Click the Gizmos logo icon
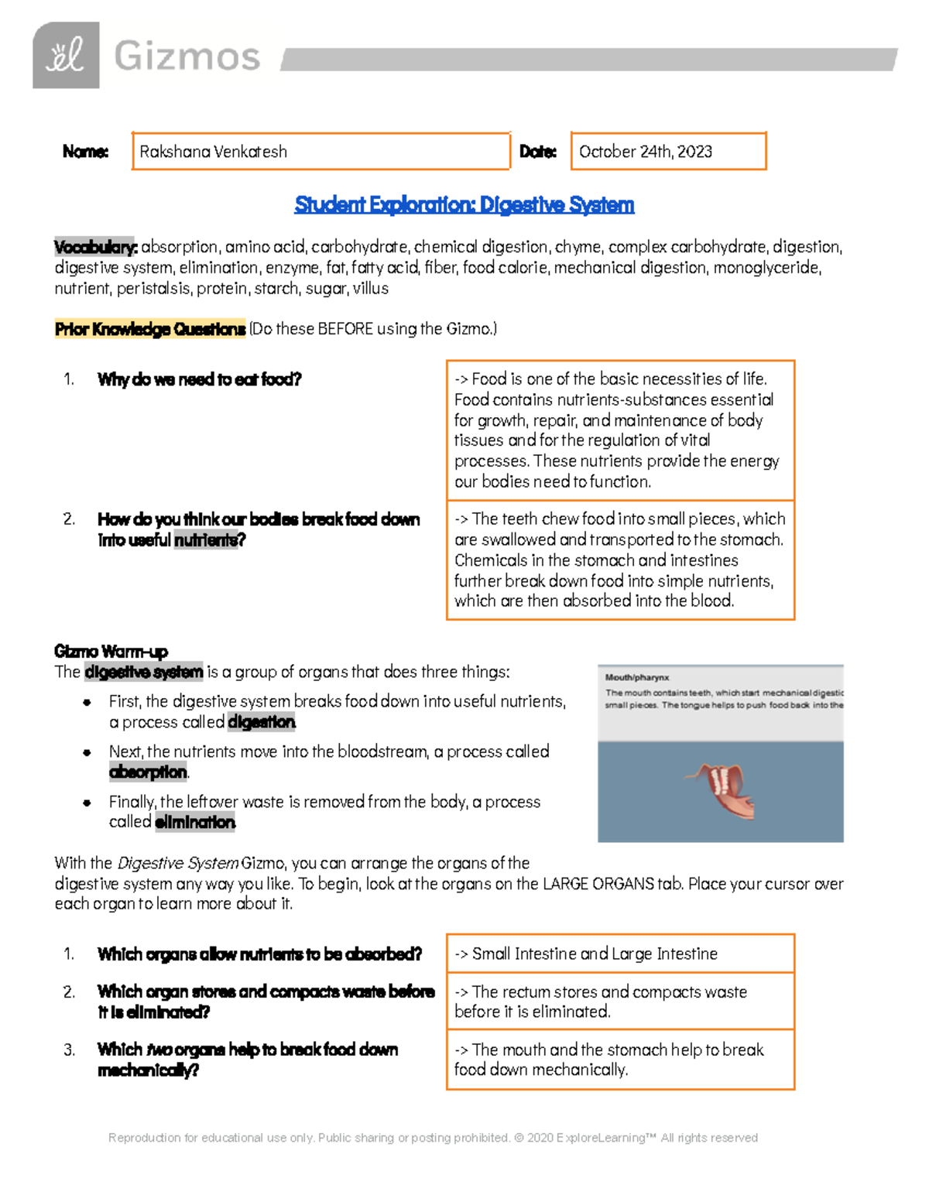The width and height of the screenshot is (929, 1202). [x=66, y=56]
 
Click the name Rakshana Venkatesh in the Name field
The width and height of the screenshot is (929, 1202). [x=213, y=152]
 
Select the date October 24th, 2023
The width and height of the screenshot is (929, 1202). [x=645, y=152]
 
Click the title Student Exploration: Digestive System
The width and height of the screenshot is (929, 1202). [x=464, y=205]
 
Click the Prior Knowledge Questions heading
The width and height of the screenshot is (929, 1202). [x=149, y=329]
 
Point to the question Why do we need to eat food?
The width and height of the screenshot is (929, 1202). [x=199, y=379]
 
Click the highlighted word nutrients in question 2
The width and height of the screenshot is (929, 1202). [x=209, y=540]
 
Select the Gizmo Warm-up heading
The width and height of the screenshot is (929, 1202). [x=111, y=651]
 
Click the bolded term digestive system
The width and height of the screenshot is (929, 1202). [x=144, y=672]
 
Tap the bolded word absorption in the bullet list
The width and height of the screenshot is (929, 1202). [x=148, y=772]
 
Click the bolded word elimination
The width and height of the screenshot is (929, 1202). [x=195, y=822]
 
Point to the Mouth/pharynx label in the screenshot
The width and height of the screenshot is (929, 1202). [x=636, y=677]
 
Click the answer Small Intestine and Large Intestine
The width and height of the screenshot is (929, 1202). [x=595, y=954]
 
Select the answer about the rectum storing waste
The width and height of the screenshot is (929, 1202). [x=600, y=1002]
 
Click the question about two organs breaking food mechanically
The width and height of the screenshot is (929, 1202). [x=248, y=1059]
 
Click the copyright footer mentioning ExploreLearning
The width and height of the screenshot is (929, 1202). [x=433, y=1138]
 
